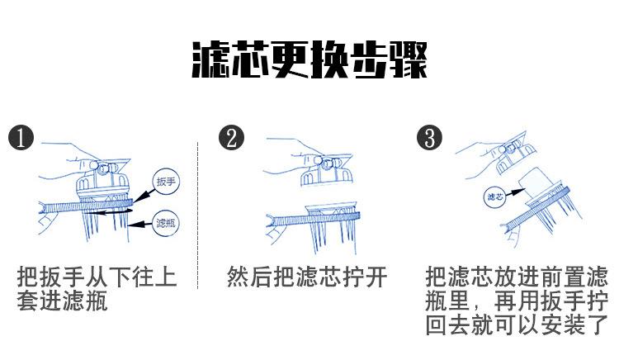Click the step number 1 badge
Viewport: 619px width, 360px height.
coord(21,138)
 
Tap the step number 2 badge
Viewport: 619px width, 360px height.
coord(231,138)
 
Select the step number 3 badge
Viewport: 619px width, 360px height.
coord(429,138)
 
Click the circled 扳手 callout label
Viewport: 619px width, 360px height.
coord(166,182)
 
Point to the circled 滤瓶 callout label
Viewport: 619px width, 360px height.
coord(166,223)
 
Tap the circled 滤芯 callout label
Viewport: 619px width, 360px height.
coord(495,197)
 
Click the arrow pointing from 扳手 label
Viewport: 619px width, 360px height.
coord(144,196)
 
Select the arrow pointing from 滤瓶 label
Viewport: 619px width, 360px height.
coord(140,225)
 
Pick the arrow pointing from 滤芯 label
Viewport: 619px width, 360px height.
coord(516,192)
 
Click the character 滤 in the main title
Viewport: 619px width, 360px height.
coord(211,60)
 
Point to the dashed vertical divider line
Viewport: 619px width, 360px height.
coord(197,216)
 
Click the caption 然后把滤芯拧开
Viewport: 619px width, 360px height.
coord(307,277)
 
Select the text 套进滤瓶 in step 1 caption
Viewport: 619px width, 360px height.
coord(63,301)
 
